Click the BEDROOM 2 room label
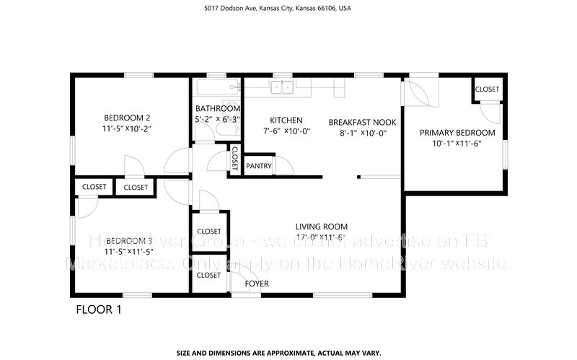pos(127,118)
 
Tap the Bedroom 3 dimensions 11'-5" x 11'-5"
pos(128,253)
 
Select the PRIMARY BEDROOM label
pos(457,133)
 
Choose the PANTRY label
pos(259,166)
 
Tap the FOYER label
pos(257,284)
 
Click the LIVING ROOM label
pos(321,225)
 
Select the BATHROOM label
pos(217,109)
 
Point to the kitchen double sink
pos(282,87)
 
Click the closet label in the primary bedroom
pos(486,89)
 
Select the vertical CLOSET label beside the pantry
pos(234,158)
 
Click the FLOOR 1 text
pos(99,310)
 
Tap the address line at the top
pos(288,9)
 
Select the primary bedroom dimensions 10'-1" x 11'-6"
pos(457,144)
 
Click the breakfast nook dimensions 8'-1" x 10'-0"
pos(364,133)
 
